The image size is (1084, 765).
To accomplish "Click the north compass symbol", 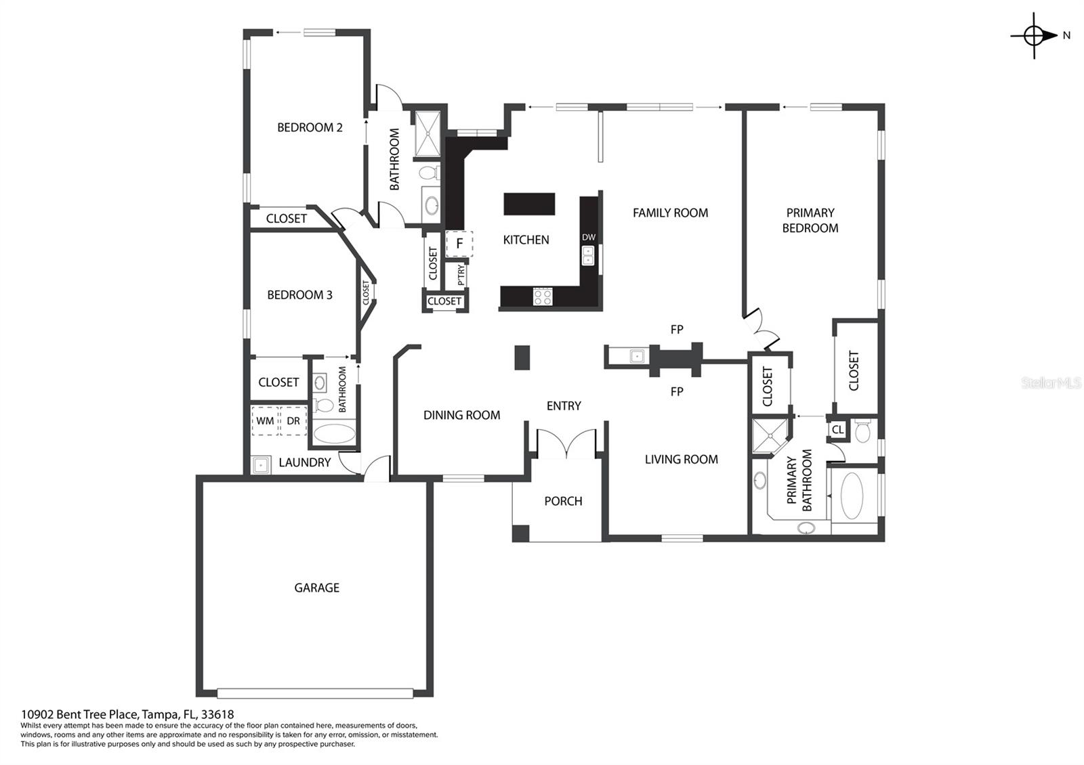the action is [1034, 36].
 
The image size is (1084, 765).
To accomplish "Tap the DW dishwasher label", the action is [589, 238].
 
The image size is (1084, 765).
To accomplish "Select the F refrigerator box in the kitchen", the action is [459, 243].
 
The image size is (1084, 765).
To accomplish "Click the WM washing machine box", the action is [265, 420].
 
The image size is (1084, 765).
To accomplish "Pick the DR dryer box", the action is [293, 420].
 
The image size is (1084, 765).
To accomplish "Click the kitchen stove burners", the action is [543, 297].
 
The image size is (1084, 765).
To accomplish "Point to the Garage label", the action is [317, 588].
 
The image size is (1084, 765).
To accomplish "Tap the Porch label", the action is [563, 501].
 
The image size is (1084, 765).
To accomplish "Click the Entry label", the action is [564, 406].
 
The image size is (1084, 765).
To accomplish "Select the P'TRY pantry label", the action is [461, 274].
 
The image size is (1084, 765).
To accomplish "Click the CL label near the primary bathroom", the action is [837, 429].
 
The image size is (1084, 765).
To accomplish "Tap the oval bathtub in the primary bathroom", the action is [852, 496].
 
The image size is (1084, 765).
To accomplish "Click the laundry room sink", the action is [261, 465].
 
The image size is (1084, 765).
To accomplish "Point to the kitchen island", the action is [529, 204].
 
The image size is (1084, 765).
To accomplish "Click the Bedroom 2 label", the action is [310, 128].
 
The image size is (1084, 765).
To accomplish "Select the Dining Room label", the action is [461, 415].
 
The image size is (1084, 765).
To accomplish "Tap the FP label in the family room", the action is [677, 329].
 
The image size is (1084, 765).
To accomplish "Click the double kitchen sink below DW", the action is [587, 256].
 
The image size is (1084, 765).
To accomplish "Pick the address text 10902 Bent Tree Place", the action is [80, 714].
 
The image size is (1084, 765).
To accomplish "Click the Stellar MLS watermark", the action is [1051, 383].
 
